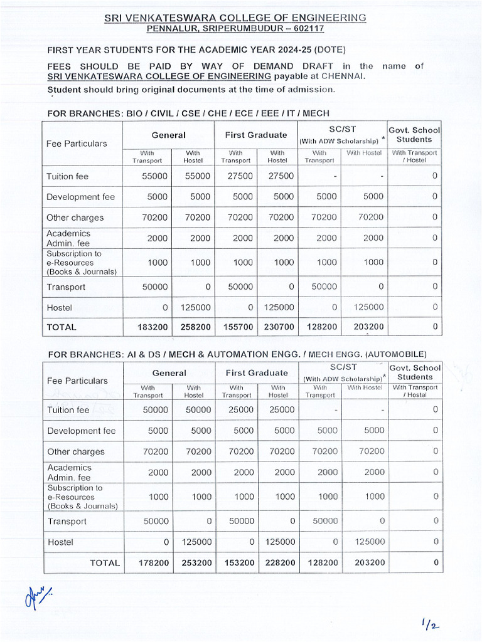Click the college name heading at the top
coord(235,18)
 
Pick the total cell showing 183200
coord(153,327)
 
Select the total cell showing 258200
coord(195,327)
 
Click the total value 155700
coord(236,327)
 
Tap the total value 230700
coord(277,327)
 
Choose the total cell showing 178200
coord(154,563)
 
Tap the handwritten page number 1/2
coord(431,624)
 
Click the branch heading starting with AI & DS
coord(237,354)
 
